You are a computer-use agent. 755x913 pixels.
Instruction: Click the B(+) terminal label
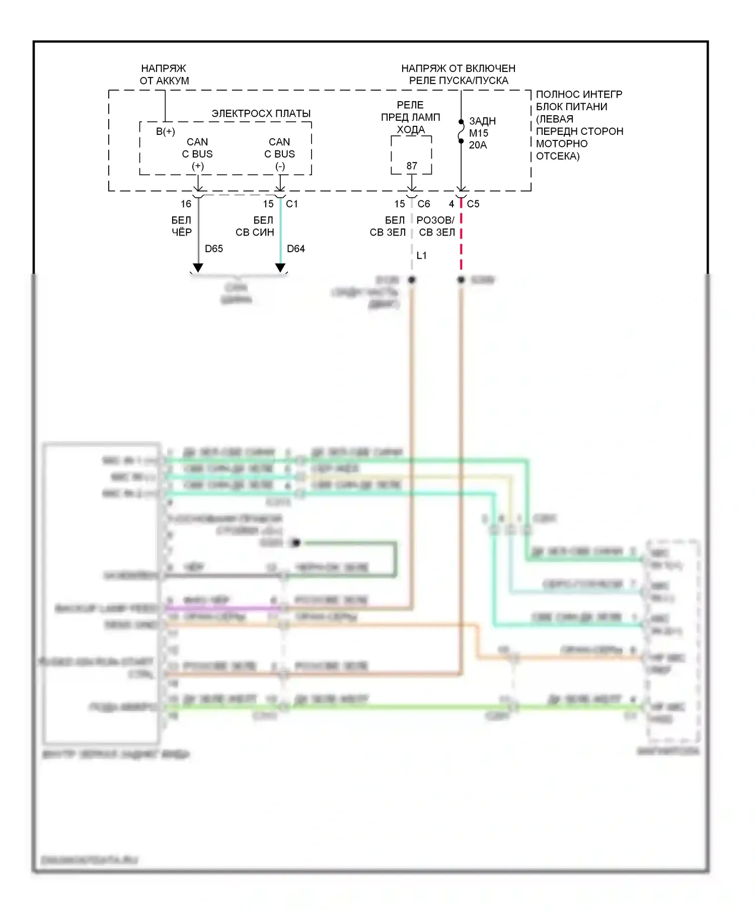(x=165, y=132)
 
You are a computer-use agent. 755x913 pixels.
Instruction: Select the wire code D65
(x=213, y=249)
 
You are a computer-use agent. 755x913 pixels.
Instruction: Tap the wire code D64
(x=295, y=249)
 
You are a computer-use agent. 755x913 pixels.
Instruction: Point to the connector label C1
(x=292, y=204)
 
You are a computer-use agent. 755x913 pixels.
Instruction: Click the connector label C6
(x=424, y=204)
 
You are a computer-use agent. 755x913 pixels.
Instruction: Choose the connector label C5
(x=473, y=204)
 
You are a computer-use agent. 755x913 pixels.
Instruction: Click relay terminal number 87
(x=412, y=166)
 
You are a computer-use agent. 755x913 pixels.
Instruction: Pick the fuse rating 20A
(x=478, y=145)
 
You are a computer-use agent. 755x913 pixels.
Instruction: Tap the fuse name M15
(x=479, y=133)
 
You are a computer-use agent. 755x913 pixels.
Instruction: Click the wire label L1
(x=421, y=256)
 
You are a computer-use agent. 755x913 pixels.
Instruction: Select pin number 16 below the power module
(x=186, y=204)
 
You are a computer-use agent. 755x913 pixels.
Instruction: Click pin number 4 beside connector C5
(x=451, y=204)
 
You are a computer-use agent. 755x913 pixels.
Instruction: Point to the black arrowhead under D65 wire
(x=198, y=268)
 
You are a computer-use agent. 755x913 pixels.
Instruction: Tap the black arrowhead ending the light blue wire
(x=280, y=268)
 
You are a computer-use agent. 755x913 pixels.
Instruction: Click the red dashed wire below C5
(x=461, y=242)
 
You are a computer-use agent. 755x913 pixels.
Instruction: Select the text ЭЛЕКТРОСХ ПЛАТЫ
(x=261, y=114)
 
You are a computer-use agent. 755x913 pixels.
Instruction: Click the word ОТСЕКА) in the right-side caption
(x=558, y=156)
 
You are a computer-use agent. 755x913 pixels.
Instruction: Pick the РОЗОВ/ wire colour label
(x=435, y=220)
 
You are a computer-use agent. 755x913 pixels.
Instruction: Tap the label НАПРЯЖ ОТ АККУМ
(x=164, y=74)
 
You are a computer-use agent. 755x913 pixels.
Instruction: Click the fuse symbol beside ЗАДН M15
(x=461, y=132)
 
